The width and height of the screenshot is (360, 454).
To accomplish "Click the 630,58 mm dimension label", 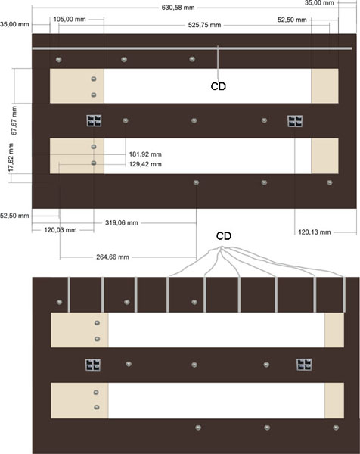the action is (178, 8).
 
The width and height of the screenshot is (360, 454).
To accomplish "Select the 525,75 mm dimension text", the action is (204, 25).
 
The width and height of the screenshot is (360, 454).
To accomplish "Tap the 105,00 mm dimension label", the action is (70, 20).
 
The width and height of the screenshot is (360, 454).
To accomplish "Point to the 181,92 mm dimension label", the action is (145, 154).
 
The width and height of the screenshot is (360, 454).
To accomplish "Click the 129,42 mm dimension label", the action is (145, 164).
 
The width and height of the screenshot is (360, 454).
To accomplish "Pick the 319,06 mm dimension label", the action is (122, 223).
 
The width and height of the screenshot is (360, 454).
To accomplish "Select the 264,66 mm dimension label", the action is (113, 257).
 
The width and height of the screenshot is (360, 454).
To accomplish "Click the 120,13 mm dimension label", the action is (315, 232).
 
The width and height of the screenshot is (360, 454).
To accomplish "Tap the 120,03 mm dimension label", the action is (61, 230).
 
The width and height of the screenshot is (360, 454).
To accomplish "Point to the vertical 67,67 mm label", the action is (14, 121).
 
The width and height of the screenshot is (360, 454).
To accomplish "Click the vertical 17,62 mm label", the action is (11, 158).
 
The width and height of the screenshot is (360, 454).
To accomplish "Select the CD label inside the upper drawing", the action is (219, 86).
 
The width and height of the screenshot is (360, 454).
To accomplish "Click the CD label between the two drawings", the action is (224, 236).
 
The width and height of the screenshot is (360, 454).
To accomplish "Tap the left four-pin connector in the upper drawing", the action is (94, 121).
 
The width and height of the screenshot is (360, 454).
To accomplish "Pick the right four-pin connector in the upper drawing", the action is (295, 121).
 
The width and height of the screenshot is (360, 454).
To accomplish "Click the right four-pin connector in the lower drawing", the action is (304, 365).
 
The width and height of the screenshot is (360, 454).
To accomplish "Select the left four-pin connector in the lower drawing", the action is (93, 365).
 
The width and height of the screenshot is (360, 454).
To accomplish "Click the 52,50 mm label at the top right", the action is (292, 20).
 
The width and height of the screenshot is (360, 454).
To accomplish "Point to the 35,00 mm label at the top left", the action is (14, 25).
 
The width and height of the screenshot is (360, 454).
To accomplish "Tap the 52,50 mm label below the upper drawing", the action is (14, 216).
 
